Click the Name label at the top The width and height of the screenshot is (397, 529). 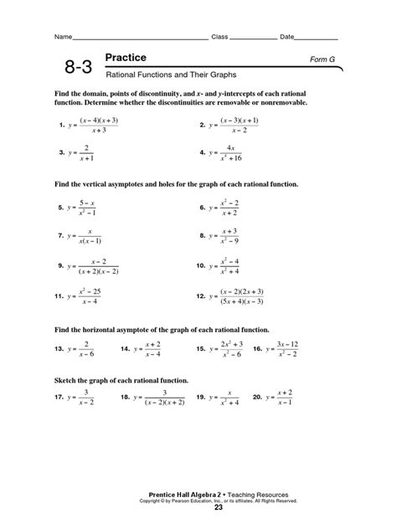(63, 38)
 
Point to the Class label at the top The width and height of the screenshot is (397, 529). (219, 38)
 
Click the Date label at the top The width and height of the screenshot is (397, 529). (287, 38)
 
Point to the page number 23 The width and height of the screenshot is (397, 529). (218, 507)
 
